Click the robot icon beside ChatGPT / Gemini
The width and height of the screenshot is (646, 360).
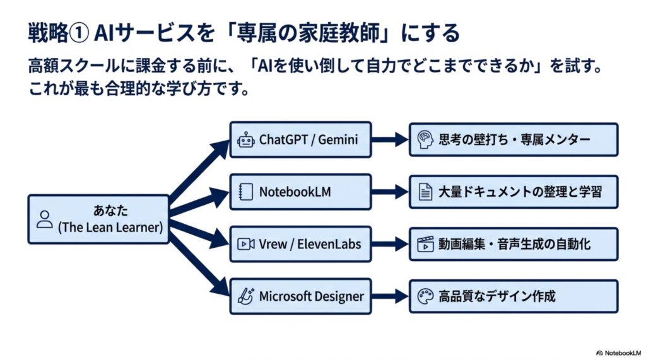tap(246, 140)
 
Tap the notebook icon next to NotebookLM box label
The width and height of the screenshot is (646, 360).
tap(246, 192)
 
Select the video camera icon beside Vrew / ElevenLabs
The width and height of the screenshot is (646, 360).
tap(246, 244)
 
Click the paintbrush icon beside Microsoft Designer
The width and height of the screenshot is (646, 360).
tap(247, 296)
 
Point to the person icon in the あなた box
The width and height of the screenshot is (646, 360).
tap(45, 219)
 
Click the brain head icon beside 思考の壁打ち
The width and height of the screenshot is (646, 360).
tap(425, 139)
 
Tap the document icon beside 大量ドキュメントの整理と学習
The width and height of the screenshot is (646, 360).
tap(426, 192)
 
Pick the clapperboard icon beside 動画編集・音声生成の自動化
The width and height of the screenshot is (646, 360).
tap(426, 244)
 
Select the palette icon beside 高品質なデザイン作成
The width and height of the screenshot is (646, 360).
tap(426, 296)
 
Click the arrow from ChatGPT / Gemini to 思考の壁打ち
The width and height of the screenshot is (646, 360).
tap(390, 139)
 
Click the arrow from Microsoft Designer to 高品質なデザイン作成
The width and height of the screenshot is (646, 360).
tap(390, 296)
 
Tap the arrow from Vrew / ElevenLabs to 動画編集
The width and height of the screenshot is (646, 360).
tap(390, 244)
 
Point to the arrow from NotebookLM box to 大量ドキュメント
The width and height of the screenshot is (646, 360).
tap(390, 192)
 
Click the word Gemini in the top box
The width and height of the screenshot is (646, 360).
tap(338, 139)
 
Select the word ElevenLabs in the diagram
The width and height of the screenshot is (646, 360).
tap(329, 244)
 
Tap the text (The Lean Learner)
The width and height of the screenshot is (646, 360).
tap(110, 228)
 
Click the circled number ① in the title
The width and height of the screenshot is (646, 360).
tap(78, 33)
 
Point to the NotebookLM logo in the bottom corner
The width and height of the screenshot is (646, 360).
tap(619, 353)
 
